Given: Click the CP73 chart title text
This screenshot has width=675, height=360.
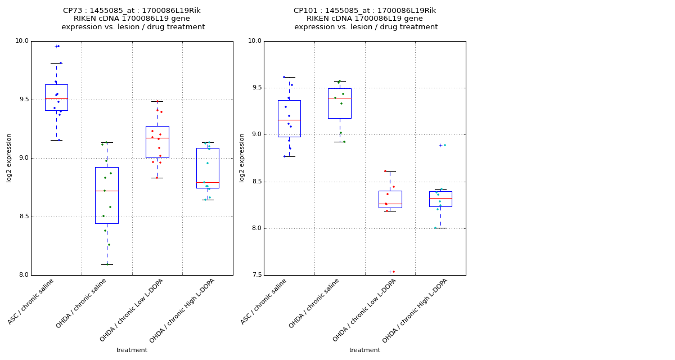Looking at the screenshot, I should click(132, 19).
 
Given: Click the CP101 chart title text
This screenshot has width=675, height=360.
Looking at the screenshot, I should click(365, 19).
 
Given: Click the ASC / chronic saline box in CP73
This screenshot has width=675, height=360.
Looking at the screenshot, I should click(56, 97).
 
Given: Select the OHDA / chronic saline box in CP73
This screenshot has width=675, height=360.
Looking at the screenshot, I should click(107, 195).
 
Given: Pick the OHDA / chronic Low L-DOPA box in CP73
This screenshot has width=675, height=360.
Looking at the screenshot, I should click(157, 142).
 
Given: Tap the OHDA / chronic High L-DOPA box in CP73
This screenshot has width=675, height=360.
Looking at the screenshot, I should click(208, 168).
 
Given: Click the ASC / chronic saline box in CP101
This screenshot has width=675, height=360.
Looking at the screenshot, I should click(289, 118).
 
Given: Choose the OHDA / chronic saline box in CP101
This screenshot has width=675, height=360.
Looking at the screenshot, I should click(340, 103).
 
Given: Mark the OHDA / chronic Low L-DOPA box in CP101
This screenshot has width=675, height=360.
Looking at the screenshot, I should click(390, 199).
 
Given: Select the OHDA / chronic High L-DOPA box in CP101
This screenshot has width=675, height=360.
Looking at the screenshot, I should click(440, 199).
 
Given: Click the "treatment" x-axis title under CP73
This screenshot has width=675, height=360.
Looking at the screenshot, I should click(132, 350).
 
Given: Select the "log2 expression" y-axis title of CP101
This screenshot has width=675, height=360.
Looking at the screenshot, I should click(242, 157).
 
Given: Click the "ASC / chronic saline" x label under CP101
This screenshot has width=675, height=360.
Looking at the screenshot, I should click(264, 302).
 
